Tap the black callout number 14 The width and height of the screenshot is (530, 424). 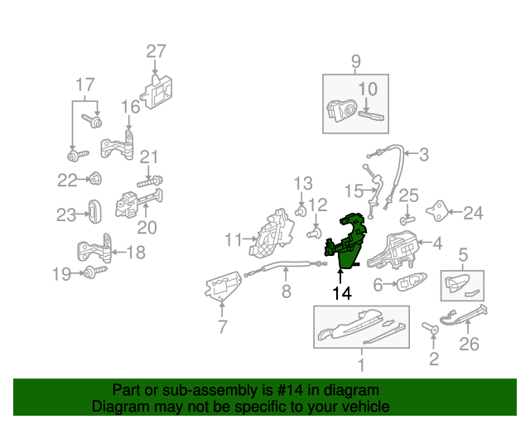[342, 293]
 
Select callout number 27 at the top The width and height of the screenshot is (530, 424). [157, 51]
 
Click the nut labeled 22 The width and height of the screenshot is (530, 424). [95, 179]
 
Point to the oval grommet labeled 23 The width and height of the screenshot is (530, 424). [94, 212]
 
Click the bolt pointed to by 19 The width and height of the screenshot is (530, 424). [95, 272]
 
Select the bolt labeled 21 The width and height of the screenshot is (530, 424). [150, 181]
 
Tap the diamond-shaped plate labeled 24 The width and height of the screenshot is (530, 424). [437, 211]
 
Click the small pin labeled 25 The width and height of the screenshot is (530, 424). [407, 220]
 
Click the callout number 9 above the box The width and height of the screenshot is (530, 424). [355, 61]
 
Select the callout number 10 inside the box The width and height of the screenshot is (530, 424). [368, 89]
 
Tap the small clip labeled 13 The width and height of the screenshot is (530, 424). [301, 212]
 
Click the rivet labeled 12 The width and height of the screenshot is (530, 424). [314, 233]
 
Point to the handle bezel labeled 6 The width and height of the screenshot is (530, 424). [411, 281]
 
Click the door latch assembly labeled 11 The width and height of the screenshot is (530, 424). [271, 234]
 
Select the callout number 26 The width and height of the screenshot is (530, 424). [470, 344]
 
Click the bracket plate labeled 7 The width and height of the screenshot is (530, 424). [223, 286]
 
